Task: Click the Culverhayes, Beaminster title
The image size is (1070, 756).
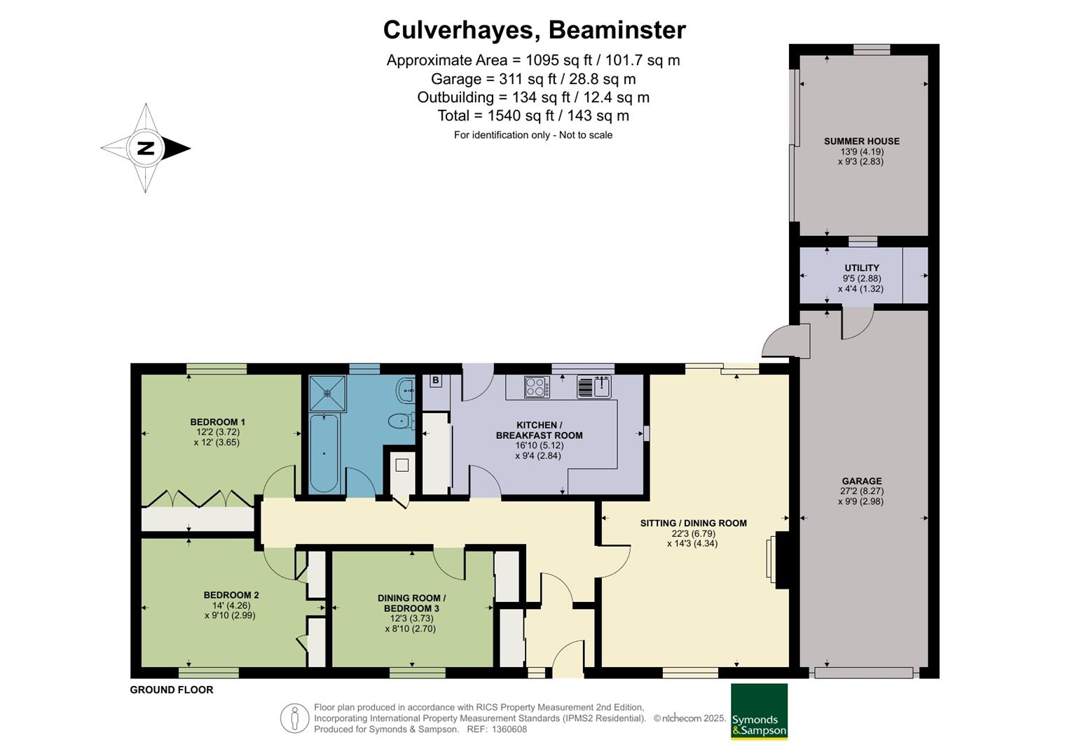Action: click(x=535, y=30)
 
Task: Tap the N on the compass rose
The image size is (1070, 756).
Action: click(x=146, y=148)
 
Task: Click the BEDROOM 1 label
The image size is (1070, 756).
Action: click(x=217, y=422)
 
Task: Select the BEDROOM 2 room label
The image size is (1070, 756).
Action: click(x=231, y=595)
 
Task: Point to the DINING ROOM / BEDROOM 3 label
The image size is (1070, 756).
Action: click(x=412, y=603)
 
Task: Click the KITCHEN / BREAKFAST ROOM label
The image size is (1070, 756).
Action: click(x=540, y=430)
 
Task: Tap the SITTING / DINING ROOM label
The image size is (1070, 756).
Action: click(x=694, y=523)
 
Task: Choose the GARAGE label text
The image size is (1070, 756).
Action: click(x=862, y=481)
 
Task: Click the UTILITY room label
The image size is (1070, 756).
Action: click(x=862, y=267)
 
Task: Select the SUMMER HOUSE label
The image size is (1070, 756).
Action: click(x=862, y=141)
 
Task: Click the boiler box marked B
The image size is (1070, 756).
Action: click(x=436, y=380)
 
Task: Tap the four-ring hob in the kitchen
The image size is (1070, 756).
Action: click(x=537, y=386)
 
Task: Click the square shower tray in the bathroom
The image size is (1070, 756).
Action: click(x=327, y=393)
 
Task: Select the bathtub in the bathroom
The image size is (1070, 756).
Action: click(x=324, y=453)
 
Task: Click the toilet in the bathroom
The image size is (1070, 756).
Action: click(x=401, y=421)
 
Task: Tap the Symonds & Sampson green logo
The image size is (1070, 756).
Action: click(x=759, y=712)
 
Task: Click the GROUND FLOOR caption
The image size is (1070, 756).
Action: click(x=172, y=690)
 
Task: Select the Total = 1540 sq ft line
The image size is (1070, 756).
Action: click(x=533, y=115)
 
